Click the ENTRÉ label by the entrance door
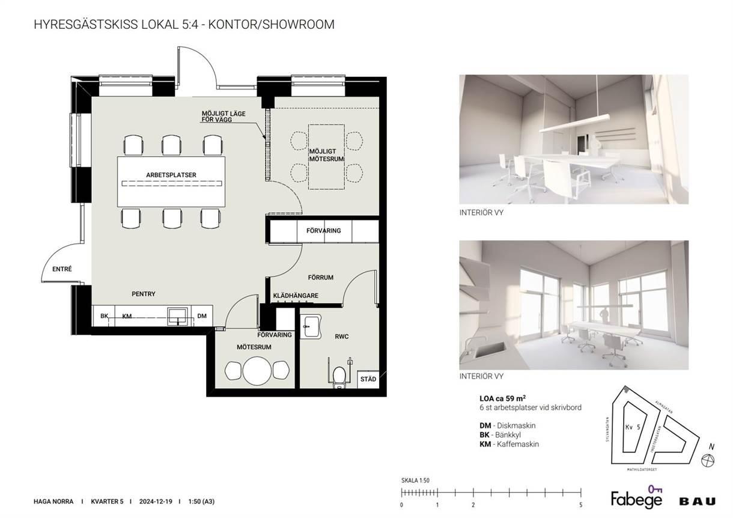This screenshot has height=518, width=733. [62, 269]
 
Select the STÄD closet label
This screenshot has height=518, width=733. [368, 379]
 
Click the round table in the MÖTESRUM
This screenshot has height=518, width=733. [257, 371]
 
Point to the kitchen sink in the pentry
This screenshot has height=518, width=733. [178, 316]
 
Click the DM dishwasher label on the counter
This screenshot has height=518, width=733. [202, 315]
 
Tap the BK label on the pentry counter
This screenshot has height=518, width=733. [104, 315]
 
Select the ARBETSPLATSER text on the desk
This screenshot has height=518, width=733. [171, 175]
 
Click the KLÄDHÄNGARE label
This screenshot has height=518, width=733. [296, 296]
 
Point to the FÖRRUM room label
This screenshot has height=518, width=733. [321, 278]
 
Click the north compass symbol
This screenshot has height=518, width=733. [708, 460]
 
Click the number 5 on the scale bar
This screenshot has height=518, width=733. [581, 505]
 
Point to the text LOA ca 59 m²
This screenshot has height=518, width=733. [503, 398]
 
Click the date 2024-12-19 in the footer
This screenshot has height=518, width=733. [156, 501]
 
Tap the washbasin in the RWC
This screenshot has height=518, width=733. [311, 326]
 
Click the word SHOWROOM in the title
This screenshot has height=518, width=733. [299, 25]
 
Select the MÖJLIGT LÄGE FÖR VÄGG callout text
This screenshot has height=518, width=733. [224, 117]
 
